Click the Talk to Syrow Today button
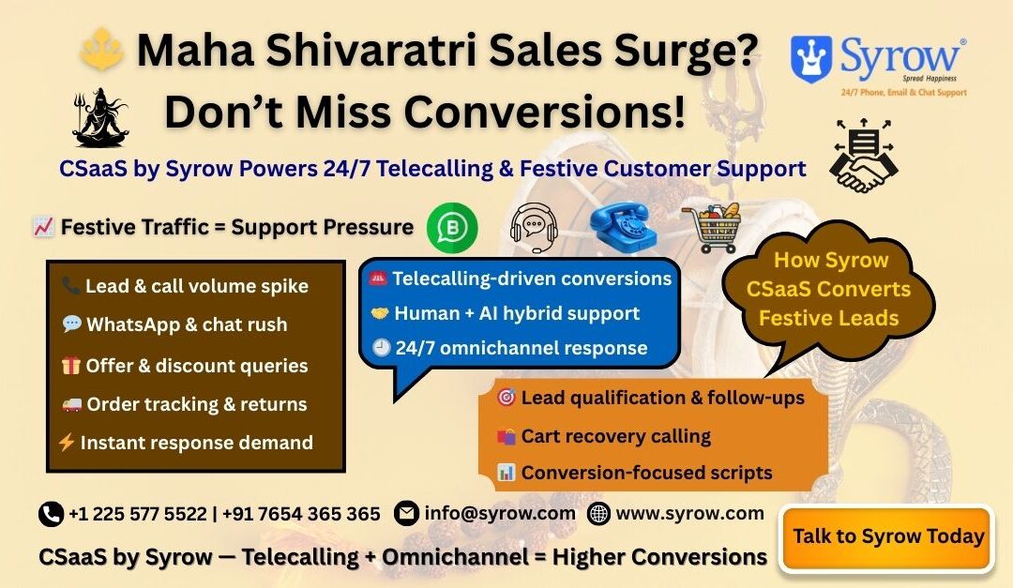pos(887,537)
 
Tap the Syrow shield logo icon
pos(812,58)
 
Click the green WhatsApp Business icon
pos(452,227)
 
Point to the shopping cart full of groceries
pos(712,228)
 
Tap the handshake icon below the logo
pos(863,154)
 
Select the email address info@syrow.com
pos(500,513)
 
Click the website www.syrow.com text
pos(689,513)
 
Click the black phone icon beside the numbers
pos(51,514)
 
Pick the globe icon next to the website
pos(598,514)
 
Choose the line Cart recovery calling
pos(615,436)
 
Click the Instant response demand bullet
pos(196,443)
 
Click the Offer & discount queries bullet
pos(196,366)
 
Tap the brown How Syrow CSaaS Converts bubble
pos(828,289)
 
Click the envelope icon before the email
pos(406,514)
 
